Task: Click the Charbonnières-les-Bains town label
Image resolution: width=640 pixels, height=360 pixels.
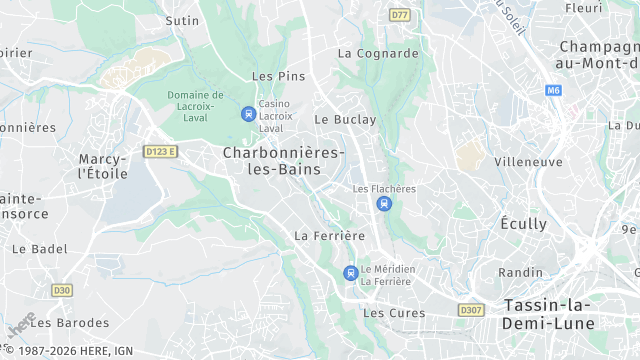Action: click(283, 160)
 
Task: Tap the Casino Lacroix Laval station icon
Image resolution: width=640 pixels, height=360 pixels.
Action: click(248, 114)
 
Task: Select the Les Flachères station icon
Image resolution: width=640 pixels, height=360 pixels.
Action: click(384, 204)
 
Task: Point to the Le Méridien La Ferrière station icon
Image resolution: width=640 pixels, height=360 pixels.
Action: click(350, 273)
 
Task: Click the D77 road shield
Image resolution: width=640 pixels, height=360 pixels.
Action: click(400, 15)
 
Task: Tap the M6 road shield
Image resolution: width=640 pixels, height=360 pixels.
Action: click(553, 90)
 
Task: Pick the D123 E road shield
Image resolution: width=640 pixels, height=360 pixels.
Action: click(160, 152)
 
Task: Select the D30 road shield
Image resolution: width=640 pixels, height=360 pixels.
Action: click(62, 290)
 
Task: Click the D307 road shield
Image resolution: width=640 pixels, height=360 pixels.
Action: click(471, 310)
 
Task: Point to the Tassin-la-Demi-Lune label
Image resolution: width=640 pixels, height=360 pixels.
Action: click(549, 314)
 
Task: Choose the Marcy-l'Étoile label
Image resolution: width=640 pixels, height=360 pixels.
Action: click(103, 166)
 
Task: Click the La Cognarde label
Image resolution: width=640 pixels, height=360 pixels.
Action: click(378, 53)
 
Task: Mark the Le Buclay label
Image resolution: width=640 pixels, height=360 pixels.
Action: click(345, 119)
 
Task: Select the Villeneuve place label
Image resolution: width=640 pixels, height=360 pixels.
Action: click(528, 162)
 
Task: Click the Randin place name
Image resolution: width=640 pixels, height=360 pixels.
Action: click(520, 272)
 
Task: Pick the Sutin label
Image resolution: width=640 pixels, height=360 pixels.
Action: click(182, 20)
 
